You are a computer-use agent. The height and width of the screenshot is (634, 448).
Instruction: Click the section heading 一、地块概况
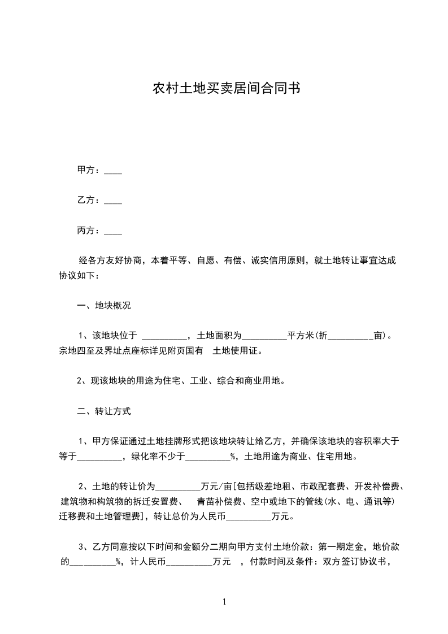pyautogui.click(x=104, y=306)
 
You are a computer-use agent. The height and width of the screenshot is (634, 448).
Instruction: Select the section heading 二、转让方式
pyautogui.click(x=104, y=411)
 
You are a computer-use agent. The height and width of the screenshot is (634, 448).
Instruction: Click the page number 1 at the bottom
pyautogui.click(x=225, y=602)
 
